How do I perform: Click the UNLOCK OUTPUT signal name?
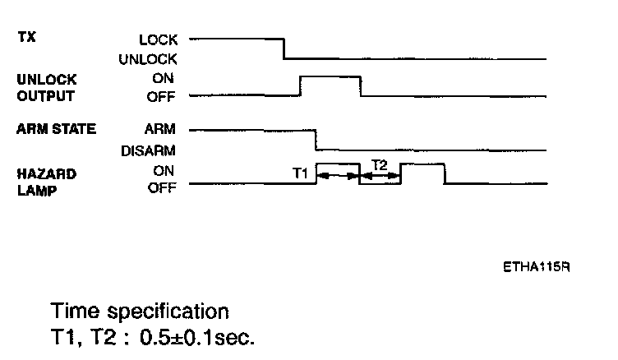(x=47, y=87)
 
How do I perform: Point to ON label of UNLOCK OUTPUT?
(x=167, y=79)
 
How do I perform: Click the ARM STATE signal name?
(x=56, y=129)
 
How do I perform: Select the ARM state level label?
(x=163, y=129)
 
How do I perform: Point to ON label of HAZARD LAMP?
(x=167, y=171)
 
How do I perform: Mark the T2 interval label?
(x=380, y=164)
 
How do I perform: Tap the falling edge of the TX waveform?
(x=284, y=48)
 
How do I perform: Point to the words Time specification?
(x=139, y=312)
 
